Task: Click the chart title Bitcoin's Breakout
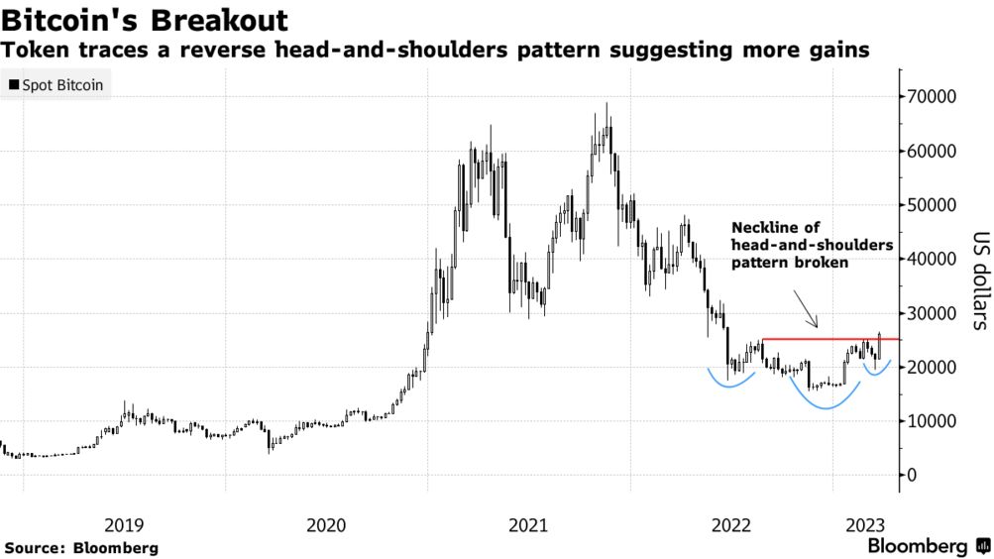point(145,20)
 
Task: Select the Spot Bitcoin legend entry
point(55,85)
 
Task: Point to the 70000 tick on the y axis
point(928,97)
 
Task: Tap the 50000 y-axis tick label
point(928,205)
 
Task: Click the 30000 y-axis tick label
point(928,313)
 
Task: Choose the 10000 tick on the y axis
point(928,421)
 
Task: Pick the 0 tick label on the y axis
point(912,475)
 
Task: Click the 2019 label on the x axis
point(124,524)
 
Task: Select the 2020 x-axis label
point(326,524)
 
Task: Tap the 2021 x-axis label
point(528,524)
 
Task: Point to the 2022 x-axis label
point(731,524)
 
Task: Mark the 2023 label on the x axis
point(865,524)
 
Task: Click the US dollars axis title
point(981,280)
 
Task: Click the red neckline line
point(830,339)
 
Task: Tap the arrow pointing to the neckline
point(806,309)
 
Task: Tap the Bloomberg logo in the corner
point(929,546)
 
